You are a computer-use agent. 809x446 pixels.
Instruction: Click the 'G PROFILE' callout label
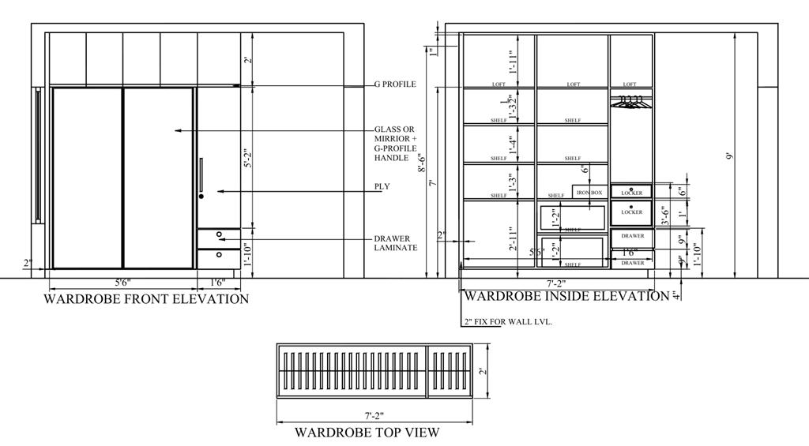pyautogui.click(x=394, y=84)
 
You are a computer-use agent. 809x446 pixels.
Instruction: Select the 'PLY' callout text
pyautogui.click(x=382, y=187)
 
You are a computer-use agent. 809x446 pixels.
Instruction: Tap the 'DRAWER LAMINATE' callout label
pyautogui.click(x=395, y=243)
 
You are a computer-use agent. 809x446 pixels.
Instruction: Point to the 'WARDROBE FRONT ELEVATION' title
pyautogui.click(x=146, y=299)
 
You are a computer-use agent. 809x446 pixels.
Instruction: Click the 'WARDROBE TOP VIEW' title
pyautogui.click(x=367, y=433)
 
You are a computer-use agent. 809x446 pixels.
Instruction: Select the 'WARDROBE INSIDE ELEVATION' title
pyautogui.click(x=566, y=297)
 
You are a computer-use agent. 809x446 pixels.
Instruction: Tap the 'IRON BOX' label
pyautogui.click(x=589, y=193)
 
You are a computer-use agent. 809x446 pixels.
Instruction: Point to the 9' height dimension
pyautogui.click(x=730, y=156)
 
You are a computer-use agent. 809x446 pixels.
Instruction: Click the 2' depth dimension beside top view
pyautogui.click(x=484, y=371)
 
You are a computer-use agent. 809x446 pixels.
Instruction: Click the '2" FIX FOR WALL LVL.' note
pyautogui.click(x=508, y=322)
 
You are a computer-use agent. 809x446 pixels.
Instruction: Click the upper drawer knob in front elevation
pyautogui.click(x=219, y=234)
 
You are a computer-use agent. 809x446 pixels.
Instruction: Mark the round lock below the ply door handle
pyautogui.click(x=201, y=196)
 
